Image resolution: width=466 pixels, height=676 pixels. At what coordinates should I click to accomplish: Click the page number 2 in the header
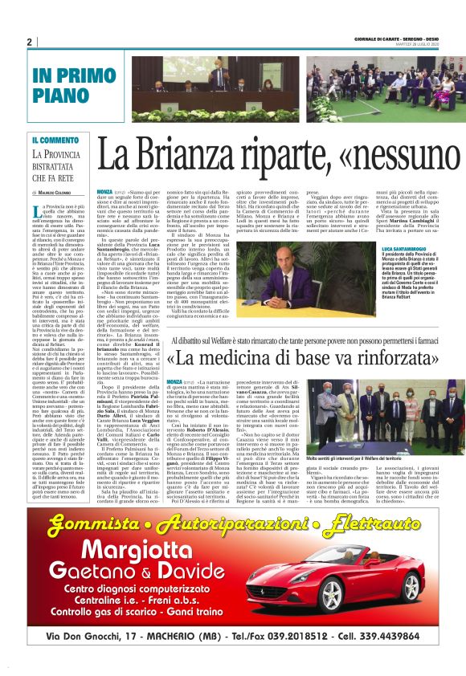(29, 42)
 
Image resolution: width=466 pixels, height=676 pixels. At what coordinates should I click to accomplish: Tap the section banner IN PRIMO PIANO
(67, 84)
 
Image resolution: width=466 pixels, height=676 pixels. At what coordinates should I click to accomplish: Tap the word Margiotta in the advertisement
(119, 531)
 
